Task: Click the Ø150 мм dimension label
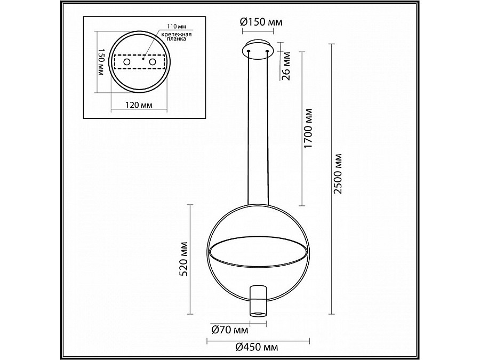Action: pos(261,22)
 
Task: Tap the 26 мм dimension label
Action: pos(286,66)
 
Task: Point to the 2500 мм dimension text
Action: pos(338,174)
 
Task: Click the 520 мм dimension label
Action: pos(183,259)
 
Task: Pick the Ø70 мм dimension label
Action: pos(229,330)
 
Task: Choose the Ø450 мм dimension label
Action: pos(257,347)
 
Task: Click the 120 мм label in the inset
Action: pos(139,105)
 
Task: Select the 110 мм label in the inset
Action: pos(177,26)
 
